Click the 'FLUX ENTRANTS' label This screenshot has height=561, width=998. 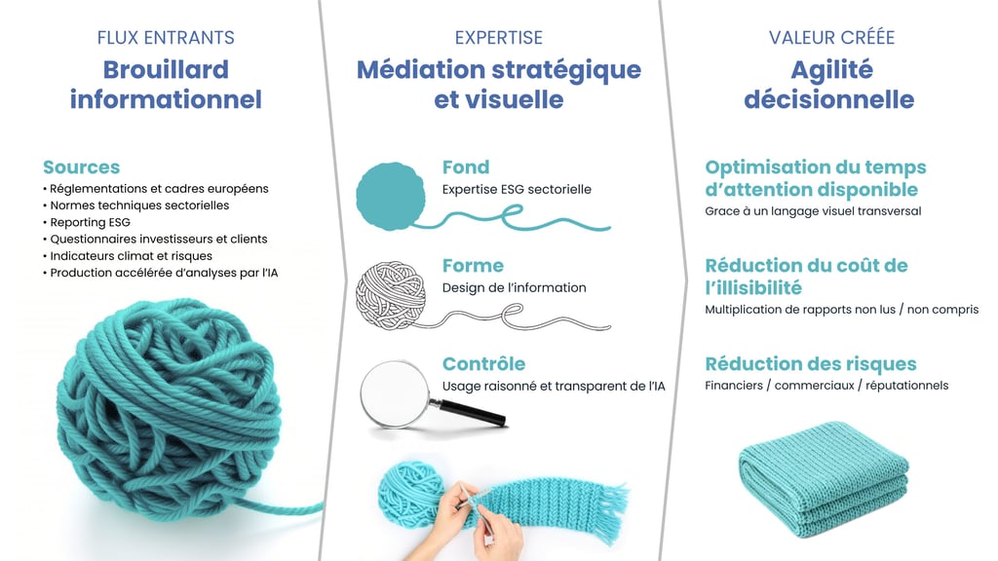(x=166, y=38)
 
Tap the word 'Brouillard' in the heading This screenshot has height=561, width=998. (x=166, y=70)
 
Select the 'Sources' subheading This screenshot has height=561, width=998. (x=82, y=168)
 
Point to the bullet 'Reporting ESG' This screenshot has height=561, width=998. (x=90, y=223)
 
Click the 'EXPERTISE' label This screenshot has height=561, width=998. (x=498, y=38)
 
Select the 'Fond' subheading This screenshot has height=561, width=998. (x=466, y=168)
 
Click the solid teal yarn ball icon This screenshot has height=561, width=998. (x=390, y=196)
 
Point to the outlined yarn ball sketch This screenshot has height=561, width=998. (x=390, y=294)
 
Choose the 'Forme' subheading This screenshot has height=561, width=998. (x=473, y=266)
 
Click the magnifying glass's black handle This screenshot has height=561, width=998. (x=469, y=412)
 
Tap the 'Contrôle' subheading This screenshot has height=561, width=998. (x=483, y=364)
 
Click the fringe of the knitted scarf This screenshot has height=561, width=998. (x=611, y=512)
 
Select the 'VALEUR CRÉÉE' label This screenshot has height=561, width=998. (x=831, y=38)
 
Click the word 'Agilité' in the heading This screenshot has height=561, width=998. (x=831, y=70)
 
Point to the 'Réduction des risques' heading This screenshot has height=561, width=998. (x=810, y=364)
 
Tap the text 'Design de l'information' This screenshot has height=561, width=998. (x=515, y=288)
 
